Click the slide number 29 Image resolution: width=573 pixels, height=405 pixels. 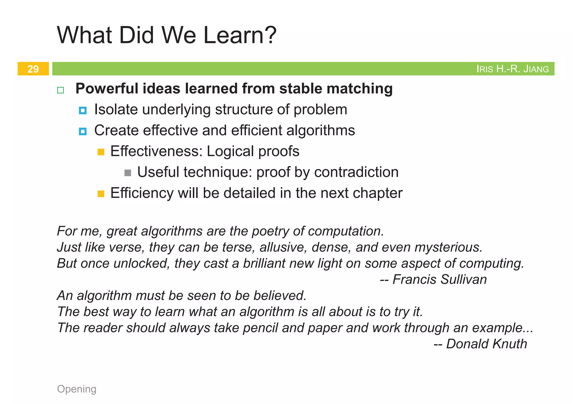[33, 69]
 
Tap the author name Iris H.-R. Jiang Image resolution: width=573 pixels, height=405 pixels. [512, 69]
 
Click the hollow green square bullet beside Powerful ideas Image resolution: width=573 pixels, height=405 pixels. [60, 90]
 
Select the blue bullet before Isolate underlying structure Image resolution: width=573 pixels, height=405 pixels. [83, 110]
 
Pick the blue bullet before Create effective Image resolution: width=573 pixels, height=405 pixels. [83, 131]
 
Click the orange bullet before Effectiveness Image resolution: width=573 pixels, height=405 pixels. [101, 152]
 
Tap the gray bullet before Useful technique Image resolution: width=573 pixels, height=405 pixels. [128, 173]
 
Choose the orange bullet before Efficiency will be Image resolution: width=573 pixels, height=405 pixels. [101, 194]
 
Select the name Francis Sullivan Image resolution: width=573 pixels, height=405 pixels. [440, 279]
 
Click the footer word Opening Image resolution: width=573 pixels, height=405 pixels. [77, 389]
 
